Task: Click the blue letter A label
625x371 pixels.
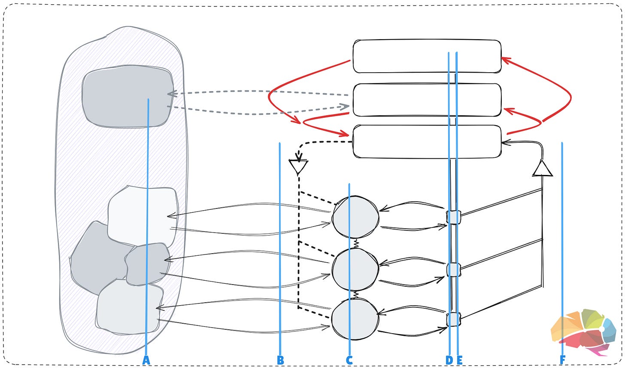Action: tap(146, 360)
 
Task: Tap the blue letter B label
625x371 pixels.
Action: tap(280, 360)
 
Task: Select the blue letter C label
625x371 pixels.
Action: tap(349, 360)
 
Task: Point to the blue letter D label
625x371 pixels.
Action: tap(449, 360)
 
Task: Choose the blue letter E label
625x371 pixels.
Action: tap(459, 360)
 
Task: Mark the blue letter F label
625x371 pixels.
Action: tap(562, 360)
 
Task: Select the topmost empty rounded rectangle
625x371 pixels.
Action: tap(427, 56)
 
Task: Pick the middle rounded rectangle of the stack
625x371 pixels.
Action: tap(427, 100)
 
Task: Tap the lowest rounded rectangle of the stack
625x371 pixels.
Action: tap(427, 141)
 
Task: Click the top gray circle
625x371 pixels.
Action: tap(355, 217)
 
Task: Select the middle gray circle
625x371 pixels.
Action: tap(355, 270)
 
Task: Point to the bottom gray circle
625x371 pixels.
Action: tap(355, 320)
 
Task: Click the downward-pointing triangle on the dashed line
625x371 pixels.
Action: tap(298, 166)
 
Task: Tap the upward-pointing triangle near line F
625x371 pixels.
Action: tap(542, 169)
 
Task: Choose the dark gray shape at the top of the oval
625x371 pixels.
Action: tap(128, 97)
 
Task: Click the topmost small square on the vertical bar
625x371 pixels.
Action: tap(453, 217)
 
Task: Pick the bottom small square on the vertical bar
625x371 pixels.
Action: tap(453, 319)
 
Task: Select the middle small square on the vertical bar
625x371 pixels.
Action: tap(453, 270)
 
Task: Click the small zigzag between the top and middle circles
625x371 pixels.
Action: tap(356, 244)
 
